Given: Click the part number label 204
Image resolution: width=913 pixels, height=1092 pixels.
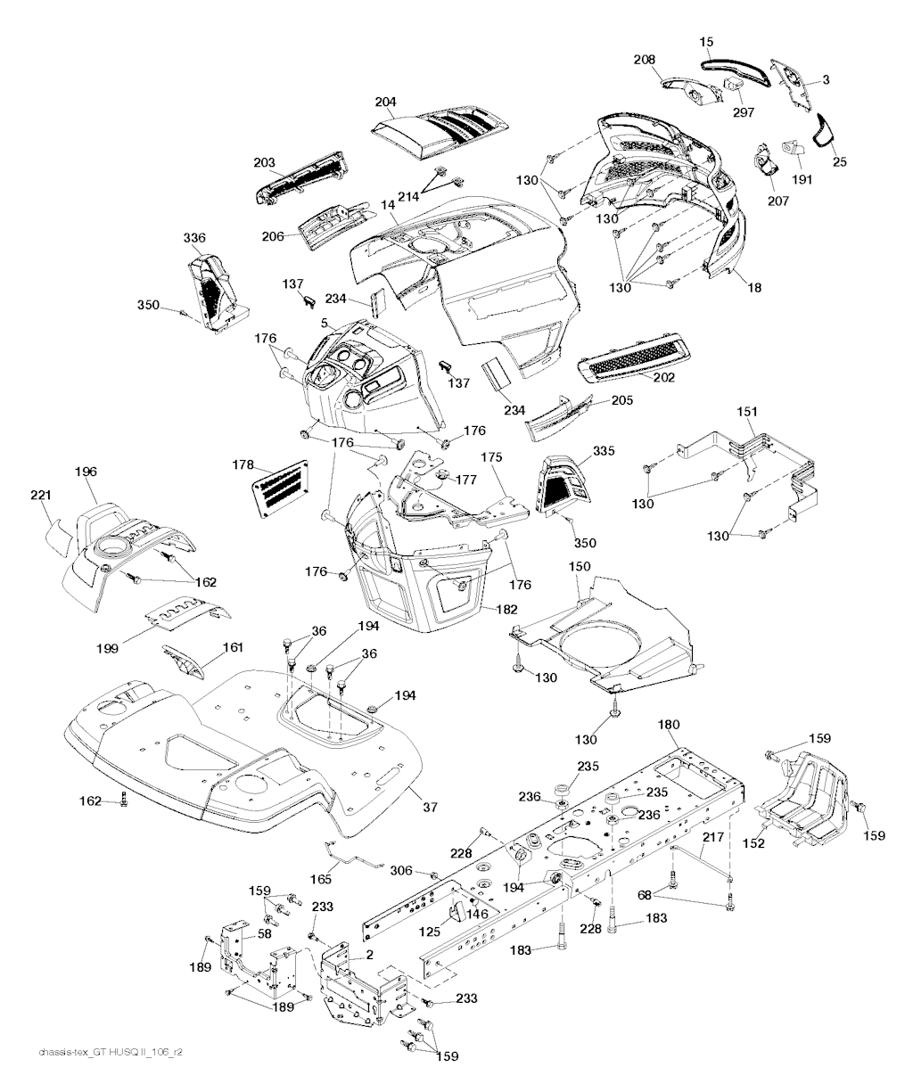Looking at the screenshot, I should [x=385, y=102].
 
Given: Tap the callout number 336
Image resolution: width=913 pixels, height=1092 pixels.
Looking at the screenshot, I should [x=194, y=238].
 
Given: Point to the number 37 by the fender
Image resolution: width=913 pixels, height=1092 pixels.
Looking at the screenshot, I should [x=431, y=808].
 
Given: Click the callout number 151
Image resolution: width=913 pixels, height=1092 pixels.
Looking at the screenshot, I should [x=747, y=411].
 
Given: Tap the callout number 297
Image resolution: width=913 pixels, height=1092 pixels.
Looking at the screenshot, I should [x=744, y=113].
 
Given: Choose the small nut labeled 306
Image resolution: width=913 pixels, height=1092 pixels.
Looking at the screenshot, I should [x=432, y=874].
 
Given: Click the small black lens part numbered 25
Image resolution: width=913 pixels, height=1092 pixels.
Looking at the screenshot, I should [x=822, y=132].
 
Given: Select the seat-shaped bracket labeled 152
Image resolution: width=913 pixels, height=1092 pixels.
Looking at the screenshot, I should [x=808, y=795].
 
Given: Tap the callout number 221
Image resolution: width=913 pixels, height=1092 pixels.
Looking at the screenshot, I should [x=43, y=495].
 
